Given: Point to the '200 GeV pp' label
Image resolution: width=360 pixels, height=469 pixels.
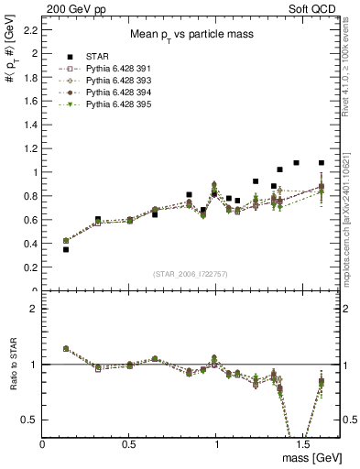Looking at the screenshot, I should tap(72, 7).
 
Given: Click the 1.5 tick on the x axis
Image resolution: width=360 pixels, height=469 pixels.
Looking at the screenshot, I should tap(303, 443).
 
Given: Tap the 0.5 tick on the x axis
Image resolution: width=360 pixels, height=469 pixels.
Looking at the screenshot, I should tap(130, 443).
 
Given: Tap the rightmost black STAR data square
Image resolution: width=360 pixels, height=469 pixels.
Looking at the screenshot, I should tap(322, 163).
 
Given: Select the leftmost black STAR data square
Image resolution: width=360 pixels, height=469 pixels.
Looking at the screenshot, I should tap(66, 249).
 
